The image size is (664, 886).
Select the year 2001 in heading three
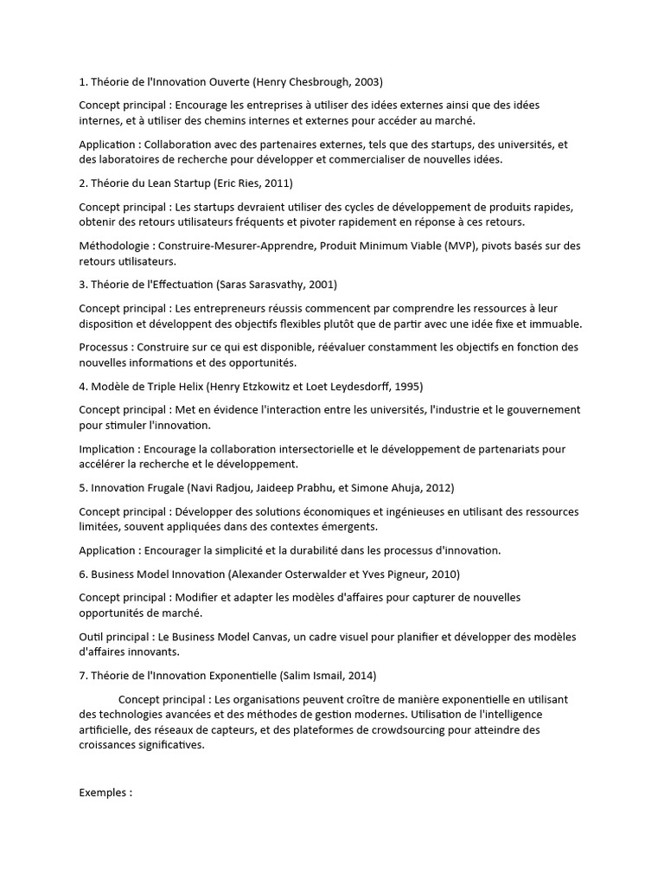coord(321,284)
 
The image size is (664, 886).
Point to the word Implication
coord(107,449)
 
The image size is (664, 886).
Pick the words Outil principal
coord(115,637)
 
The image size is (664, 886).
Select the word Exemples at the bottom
coord(103,792)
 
